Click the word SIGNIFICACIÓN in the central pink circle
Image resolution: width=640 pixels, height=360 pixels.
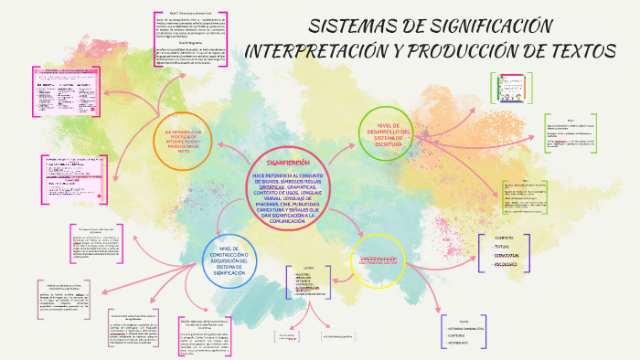coord(294,162)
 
